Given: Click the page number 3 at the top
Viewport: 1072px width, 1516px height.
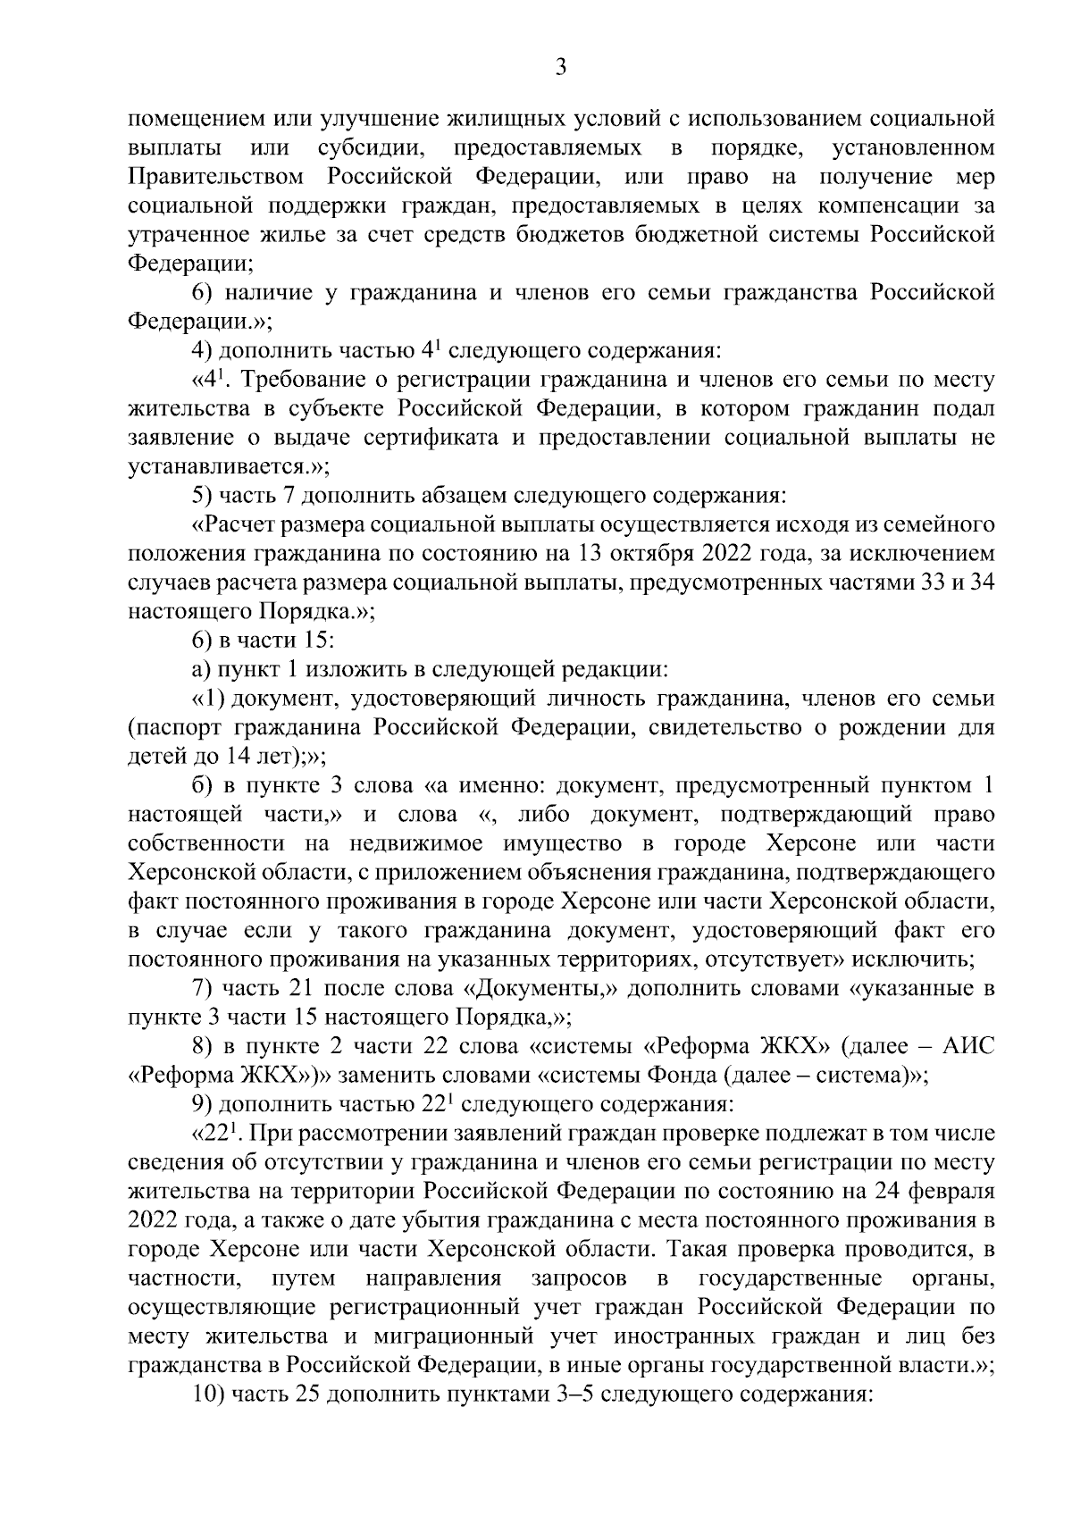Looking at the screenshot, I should click(560, 67).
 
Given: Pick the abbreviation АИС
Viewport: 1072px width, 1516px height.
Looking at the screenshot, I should click(969, 1046).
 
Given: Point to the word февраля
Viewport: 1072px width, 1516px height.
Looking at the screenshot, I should click(955, 1191).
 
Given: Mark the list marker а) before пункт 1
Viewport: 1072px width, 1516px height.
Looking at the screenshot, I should click(202, 669).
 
